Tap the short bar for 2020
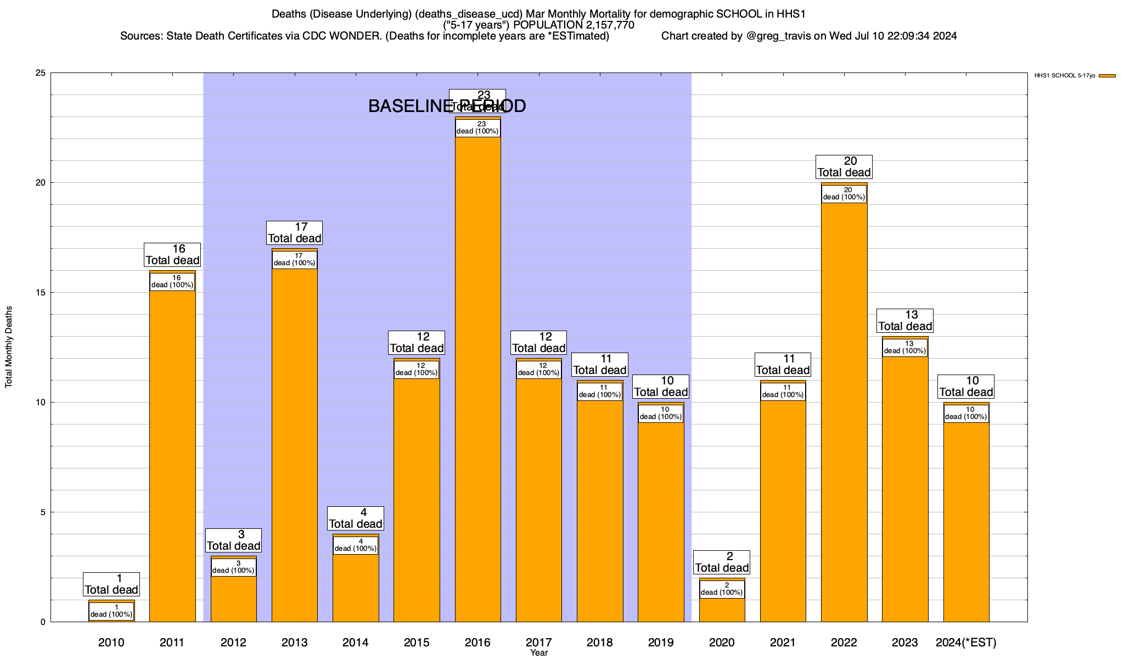pyautogui.click(x=722, y=610)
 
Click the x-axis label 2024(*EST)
pyautogui.click(x=966, y=643)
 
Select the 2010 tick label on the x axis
pyautogui.click(x=111, y=643)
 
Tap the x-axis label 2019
pyautogui.click(x=661, y=643)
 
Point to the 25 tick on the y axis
pyautogui.click(x=41, y=73)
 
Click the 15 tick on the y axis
pyautogui.click(x=41, y=293)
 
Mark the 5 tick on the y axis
pyautogui.click(x=43, y=512)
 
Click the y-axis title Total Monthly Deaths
pyautogui.click(x=9, y=347)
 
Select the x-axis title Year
pyautogui.click(x=539, y=653)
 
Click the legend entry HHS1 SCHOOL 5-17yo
pyautogui.click(x=1064, y=76)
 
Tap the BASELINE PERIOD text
pyautogui.click(x=447, y=106)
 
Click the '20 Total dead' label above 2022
pyautogui.click(x=844, y=167)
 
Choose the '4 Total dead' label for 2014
pyautogui.click(x=356, y=518)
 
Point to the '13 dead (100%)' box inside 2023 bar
pyautogui.click(x=905, y=348)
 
